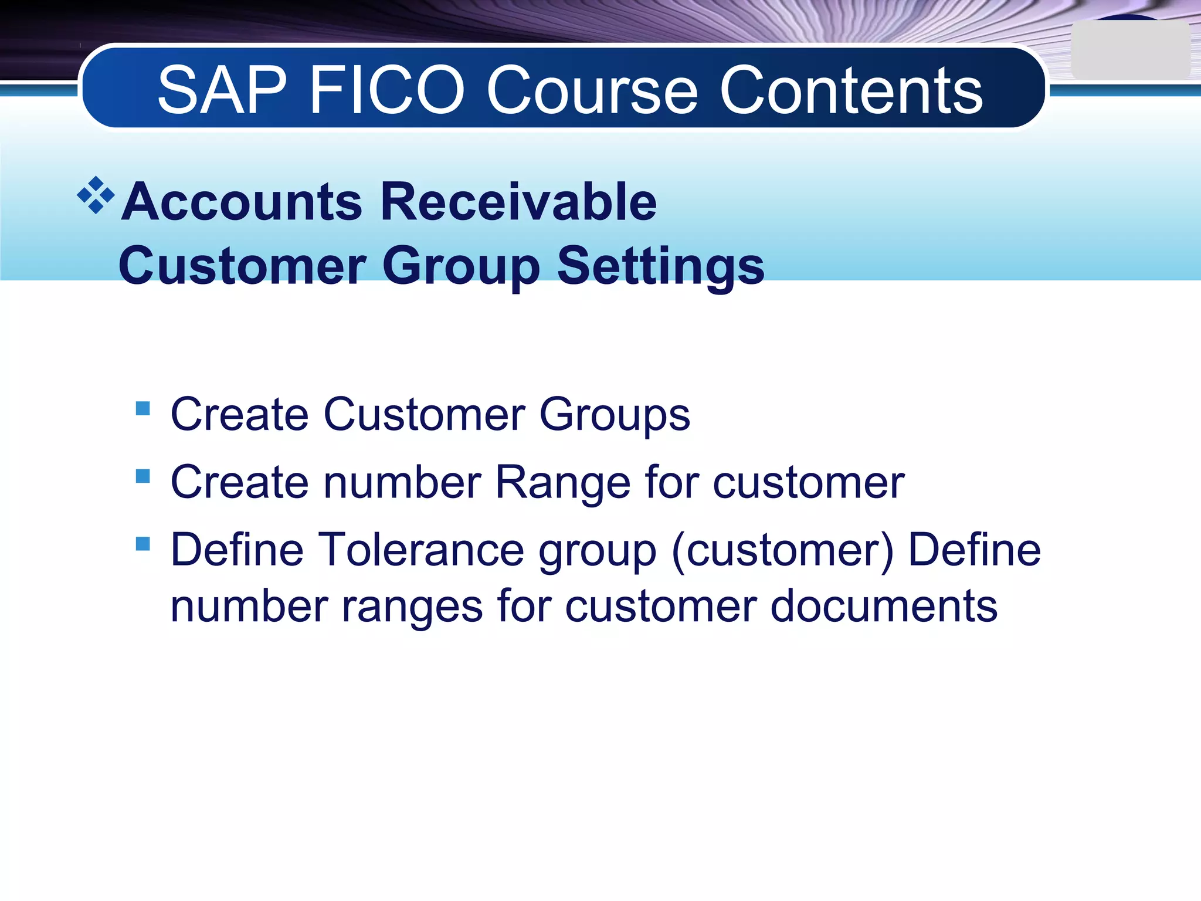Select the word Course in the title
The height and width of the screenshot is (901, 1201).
tap(592, 90)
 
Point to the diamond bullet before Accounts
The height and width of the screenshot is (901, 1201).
tap(96, 195)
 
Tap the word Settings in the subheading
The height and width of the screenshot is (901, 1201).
tap(660, 265)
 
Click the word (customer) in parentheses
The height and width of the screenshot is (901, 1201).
tap(782, 550)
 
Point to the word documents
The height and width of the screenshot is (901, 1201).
tap(884, 606)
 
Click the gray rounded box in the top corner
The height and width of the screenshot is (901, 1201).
tap(1130, 50)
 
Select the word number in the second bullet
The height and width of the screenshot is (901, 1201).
tap(402, 482)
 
